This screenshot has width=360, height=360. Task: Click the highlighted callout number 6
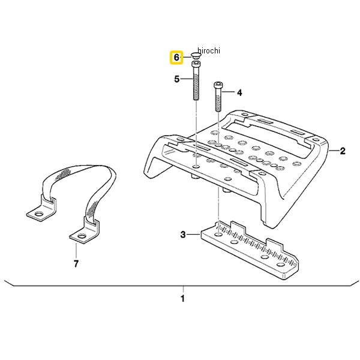point(176,58)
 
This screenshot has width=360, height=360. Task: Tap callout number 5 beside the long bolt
point(176,79)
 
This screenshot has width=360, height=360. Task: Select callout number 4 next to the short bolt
point(239,93)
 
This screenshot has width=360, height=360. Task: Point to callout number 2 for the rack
point(343,151)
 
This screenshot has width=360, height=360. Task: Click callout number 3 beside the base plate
point(183,235)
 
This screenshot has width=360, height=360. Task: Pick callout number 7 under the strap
point(76,263)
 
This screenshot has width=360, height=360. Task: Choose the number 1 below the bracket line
point(182,299)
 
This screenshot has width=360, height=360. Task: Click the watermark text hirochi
point(209,50)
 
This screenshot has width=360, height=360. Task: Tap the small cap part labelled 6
point(196,55)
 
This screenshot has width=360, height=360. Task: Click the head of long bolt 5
point(196,65)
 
